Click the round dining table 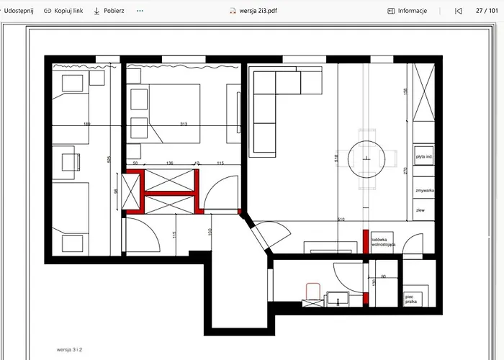click(x=367, y=158)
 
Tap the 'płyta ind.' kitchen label click(x=424, y=156)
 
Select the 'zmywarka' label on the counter click(x=424, y=191)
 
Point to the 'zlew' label click(x=420, y=210)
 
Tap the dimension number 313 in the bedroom click(x=184, y=125)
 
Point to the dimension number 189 click(x=87, y=125)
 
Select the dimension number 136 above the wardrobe click(x=170, y=163)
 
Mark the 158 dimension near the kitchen click(x=405, y=91)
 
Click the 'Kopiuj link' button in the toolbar click(x=63, y=11)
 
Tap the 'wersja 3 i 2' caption click(x=73, y=349)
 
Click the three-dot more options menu click(x=140, y=11)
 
